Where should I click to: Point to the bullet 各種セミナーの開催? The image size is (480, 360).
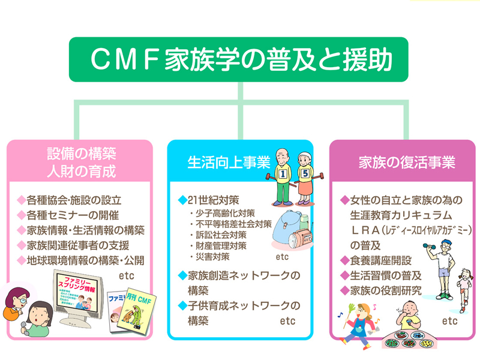[x=72, y=215]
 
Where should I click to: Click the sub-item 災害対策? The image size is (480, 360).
[x=209, y=257]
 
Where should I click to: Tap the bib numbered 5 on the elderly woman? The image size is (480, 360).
[x=305, y=174]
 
